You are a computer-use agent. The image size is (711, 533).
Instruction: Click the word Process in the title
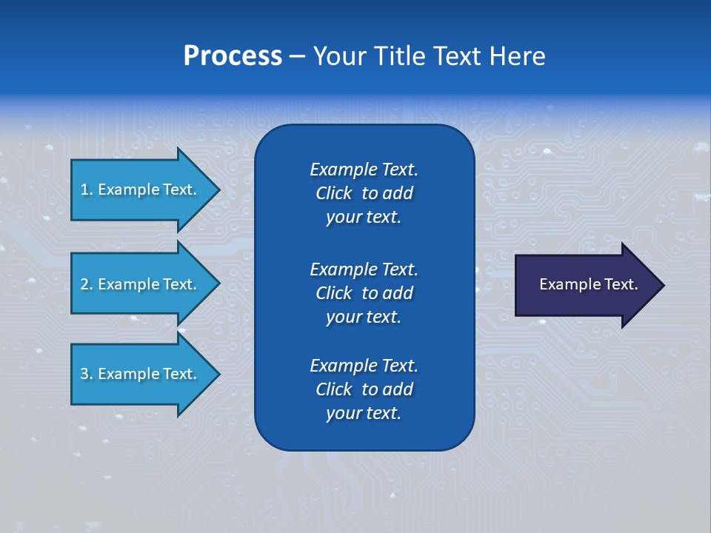point(233,56)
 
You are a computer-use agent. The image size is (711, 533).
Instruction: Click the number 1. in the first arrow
point(87,190)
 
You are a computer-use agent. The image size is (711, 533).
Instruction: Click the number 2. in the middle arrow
point(87,284)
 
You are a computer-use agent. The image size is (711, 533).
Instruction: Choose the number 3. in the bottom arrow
point(87,374)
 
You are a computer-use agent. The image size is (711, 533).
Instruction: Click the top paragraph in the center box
point(364,193)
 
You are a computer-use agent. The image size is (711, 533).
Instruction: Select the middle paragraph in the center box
point(364,293)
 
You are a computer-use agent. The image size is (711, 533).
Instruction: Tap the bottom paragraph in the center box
point(364,389)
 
